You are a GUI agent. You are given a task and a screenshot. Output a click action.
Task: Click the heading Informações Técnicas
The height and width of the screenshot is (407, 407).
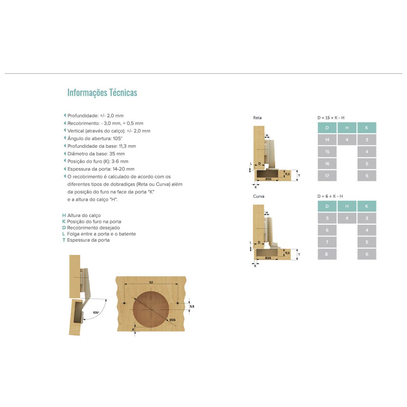tap(102, 93)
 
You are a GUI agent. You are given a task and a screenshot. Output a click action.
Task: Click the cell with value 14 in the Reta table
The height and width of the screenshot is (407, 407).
tap(327, 140)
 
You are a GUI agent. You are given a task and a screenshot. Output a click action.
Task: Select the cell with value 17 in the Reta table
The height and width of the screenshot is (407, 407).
tap(327, 176)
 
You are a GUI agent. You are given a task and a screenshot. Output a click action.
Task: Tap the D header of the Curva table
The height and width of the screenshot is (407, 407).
tap(327, 206)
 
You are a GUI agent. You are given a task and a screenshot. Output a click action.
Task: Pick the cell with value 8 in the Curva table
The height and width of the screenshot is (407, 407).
tap(327, 254)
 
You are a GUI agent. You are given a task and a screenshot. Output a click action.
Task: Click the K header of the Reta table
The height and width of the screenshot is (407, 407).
tap(367, 128)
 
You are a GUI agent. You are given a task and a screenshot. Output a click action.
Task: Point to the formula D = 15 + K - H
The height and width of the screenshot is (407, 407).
tap(331, 118)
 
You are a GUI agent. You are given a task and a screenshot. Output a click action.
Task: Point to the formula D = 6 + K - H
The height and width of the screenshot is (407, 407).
tap(330, 196)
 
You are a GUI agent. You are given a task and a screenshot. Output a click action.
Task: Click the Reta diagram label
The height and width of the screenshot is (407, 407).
tap(257, 118)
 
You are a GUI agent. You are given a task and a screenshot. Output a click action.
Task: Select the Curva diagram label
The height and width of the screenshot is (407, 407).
tap(258, 196)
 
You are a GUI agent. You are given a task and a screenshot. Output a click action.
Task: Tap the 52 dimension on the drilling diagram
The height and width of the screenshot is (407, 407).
tap(151, 282)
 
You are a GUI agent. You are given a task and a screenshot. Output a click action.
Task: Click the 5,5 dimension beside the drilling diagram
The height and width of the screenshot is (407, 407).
tap(192, 306)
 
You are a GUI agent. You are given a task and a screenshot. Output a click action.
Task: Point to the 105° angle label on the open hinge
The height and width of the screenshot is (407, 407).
tap(96, 312)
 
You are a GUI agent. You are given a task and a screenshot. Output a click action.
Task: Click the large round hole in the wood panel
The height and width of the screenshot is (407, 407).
tap(151, 309)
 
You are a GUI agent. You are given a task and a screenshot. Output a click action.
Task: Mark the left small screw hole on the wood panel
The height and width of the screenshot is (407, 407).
tap(124, 303)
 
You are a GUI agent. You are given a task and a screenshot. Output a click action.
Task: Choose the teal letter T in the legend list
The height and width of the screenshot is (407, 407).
tap(64, 240)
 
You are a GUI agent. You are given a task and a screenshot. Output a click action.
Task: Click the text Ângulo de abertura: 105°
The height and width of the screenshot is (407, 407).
tap(95, 138)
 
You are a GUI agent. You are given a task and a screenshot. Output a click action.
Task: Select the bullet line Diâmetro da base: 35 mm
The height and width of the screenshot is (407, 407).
tap(96, 154)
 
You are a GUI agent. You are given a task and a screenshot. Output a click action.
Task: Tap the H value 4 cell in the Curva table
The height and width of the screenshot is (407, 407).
tap(347, 218)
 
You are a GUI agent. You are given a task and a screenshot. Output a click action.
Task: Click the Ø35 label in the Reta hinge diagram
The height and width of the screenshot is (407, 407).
tap(268, 179)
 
